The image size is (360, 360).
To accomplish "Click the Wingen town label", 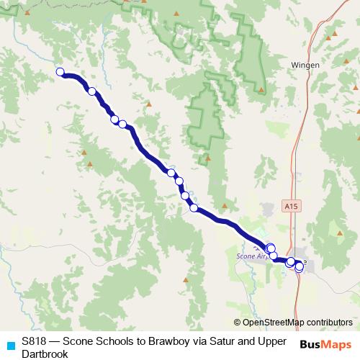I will [x=301, y=63].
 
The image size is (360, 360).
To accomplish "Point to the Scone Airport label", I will [x=251, y=256].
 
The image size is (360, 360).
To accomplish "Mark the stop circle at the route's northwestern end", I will [x=60, y=71].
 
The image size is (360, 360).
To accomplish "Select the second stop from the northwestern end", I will [x=92, y=91].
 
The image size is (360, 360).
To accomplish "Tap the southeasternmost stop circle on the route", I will [x=300, y=267].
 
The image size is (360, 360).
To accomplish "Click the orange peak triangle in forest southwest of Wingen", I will [x=260, y=89].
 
